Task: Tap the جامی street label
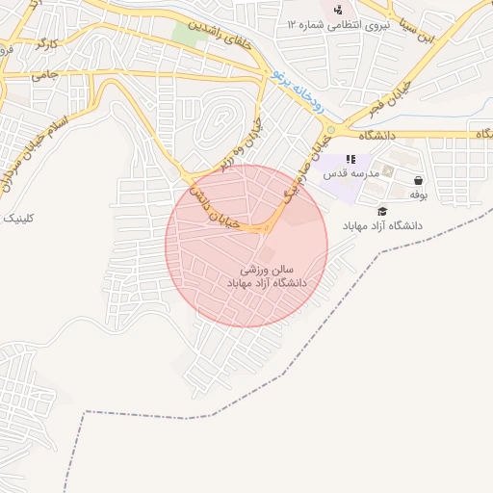click(44, 73)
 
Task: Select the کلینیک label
click(18, 219)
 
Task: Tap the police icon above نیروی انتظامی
click(338, 11)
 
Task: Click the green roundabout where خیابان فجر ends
click(330, 130)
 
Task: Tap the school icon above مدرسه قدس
click(350, 158)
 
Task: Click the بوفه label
click(418, 195)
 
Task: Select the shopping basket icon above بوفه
click(418, 179)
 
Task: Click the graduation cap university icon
click(382, 211)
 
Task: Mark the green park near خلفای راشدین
click(185, 33)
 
